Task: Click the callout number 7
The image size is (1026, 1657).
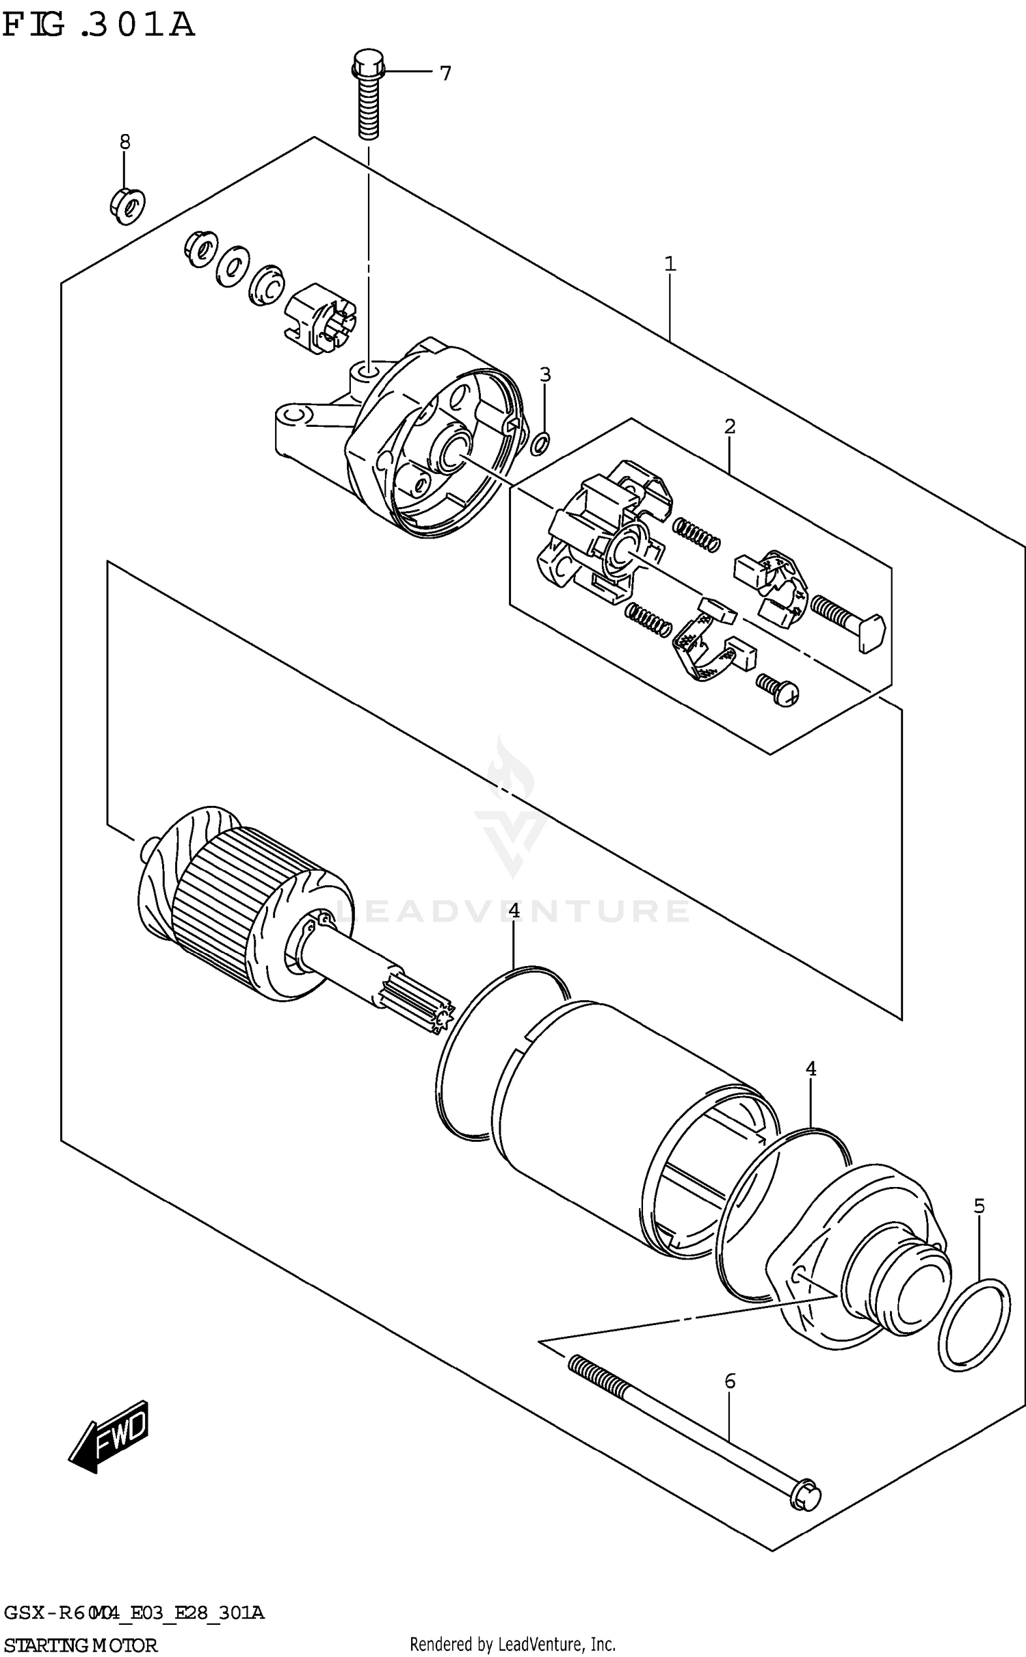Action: [x=445, y=73]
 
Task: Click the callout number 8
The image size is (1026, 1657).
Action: [x=124, y=142]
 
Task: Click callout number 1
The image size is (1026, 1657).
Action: [x=670, y=263]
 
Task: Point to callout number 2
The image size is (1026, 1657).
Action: [x=730, y=426]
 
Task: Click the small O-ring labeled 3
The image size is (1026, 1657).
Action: [x=540, y=443]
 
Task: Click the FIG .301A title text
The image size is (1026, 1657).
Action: [x=98, y=26]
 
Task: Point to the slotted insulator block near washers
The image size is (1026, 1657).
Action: [x=319, y=318]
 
